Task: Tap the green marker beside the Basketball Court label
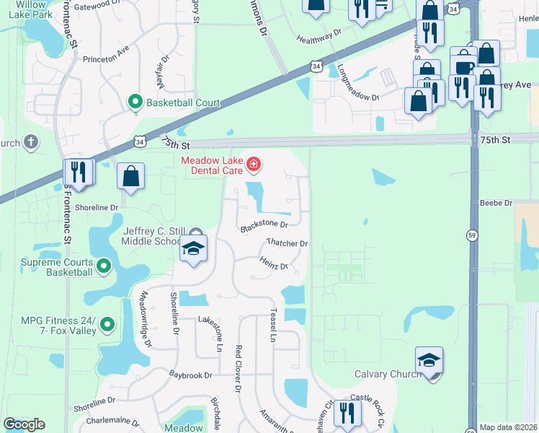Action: (135, 102)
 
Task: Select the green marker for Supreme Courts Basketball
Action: (104, 267)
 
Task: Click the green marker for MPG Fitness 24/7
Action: (108, 325)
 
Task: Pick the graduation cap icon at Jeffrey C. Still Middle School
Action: (193, 249)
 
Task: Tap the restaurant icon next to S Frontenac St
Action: (79, 172)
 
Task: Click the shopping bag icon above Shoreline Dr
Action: (130, 176)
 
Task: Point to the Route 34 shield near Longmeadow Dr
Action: (316, 66)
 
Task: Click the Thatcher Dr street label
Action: (286, 243)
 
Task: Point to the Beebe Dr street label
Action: (498, 204)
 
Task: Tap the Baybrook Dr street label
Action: (190, 375)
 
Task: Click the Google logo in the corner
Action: (24, 424)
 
